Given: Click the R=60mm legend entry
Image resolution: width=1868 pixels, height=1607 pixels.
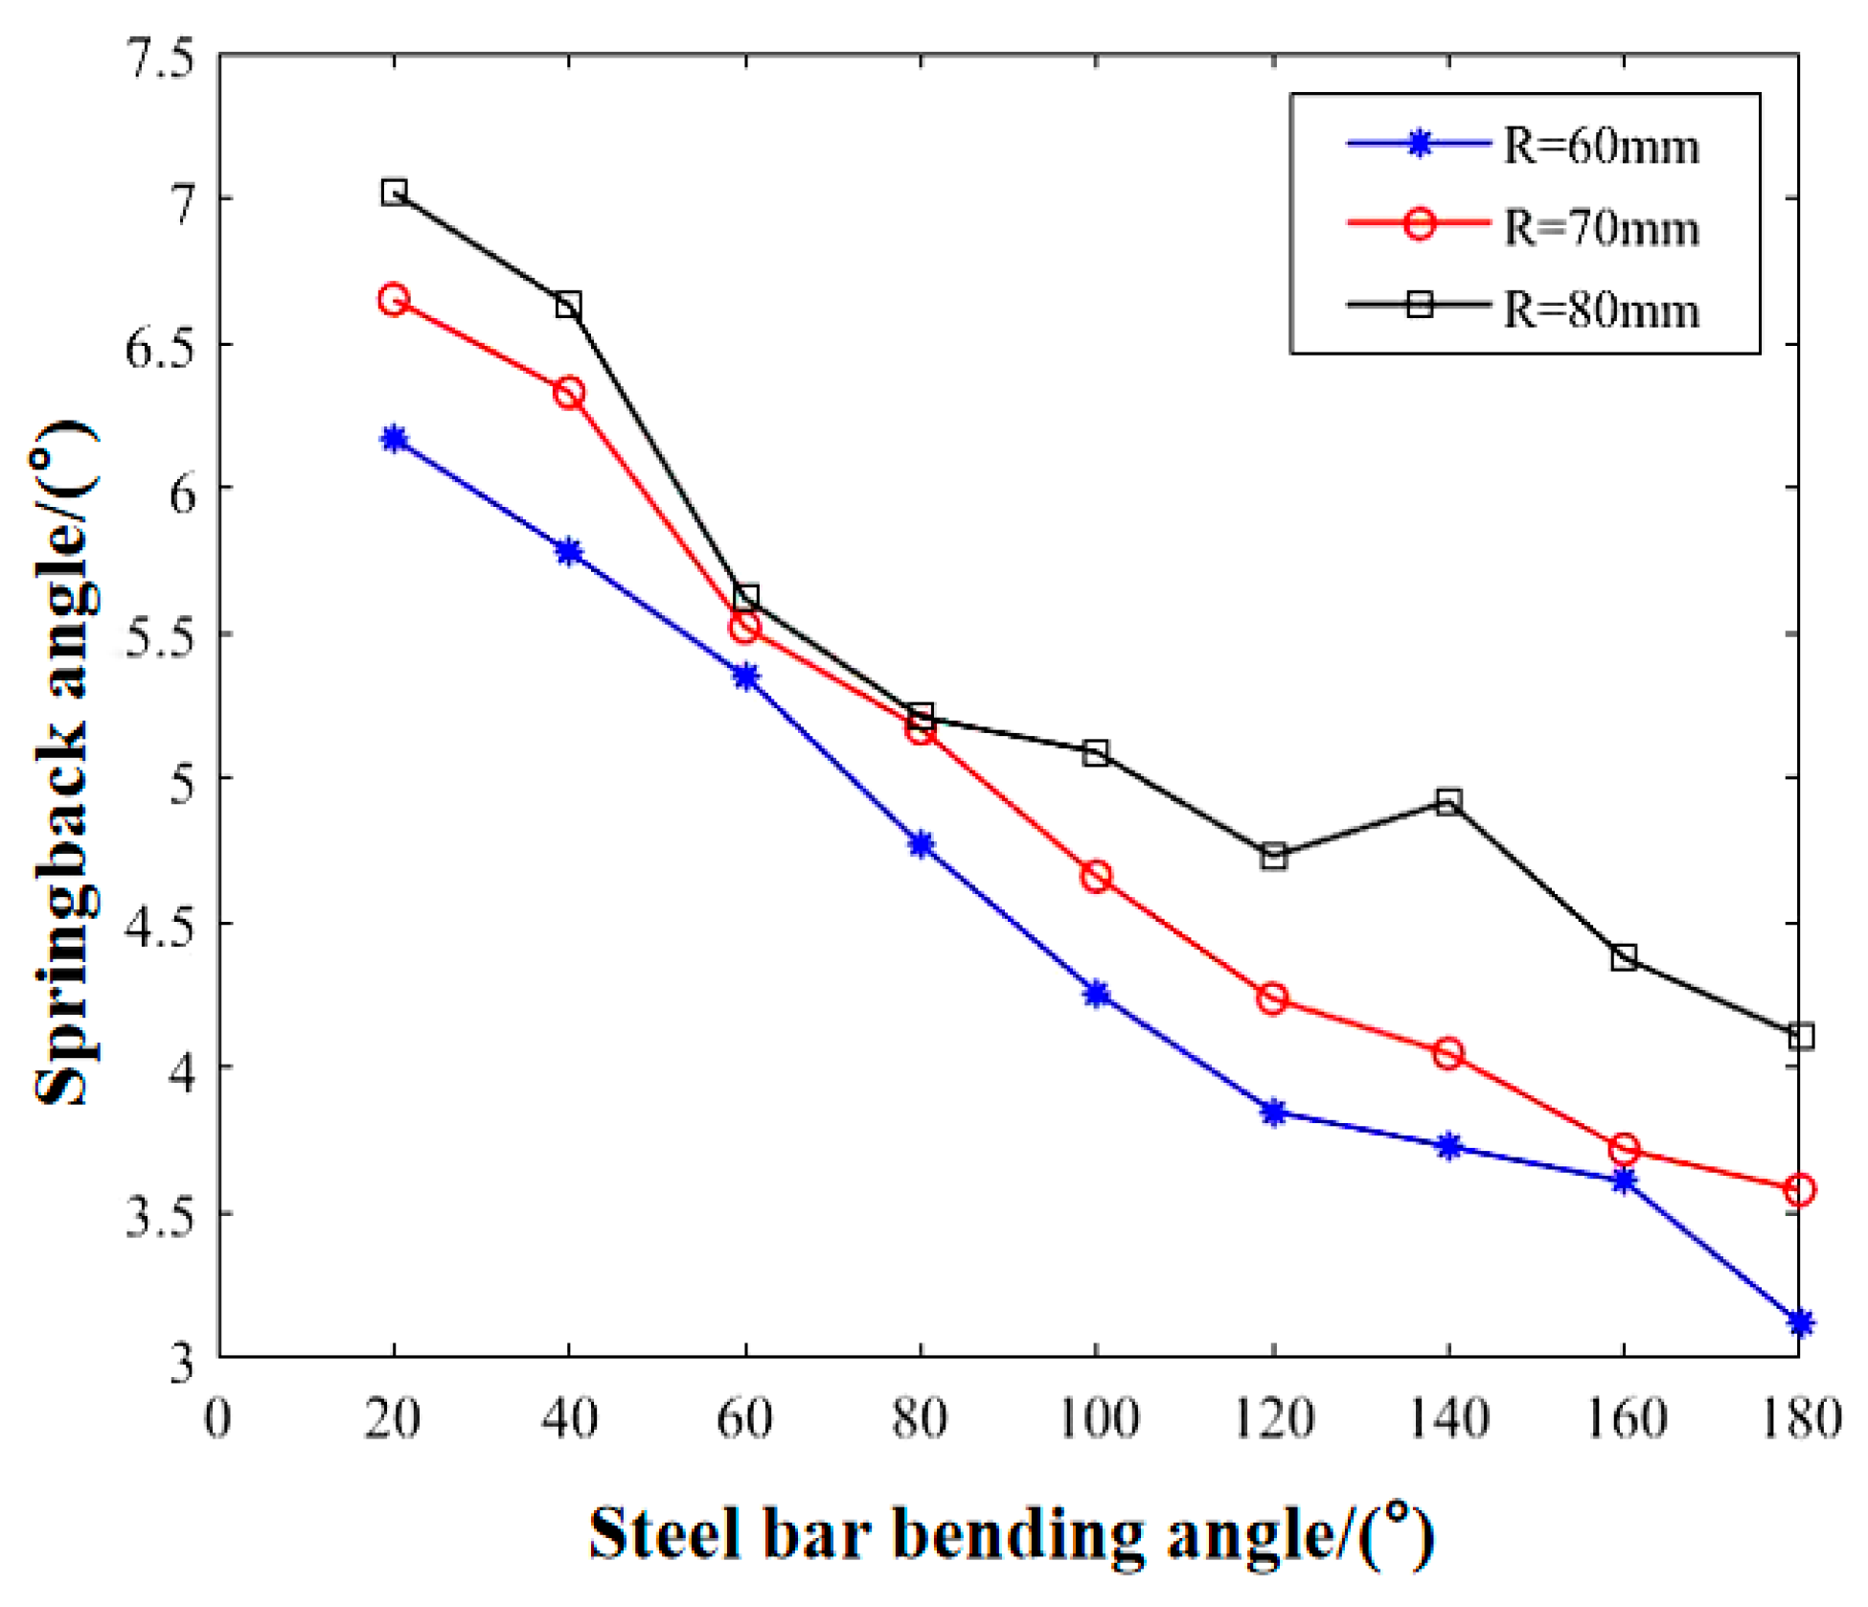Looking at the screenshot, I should tap(1600, 147).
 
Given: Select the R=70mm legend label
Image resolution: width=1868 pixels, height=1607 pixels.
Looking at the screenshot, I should tap(1600, 228).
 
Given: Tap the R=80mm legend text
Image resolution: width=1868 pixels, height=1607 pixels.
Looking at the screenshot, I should tap(1600, 310).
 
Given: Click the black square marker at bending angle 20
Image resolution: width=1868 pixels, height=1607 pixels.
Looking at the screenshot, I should tap(394, 192).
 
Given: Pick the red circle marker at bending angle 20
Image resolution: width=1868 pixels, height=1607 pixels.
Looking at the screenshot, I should tap(394, 300).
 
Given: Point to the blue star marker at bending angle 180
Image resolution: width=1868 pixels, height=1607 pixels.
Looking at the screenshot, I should tap(1800, 1322).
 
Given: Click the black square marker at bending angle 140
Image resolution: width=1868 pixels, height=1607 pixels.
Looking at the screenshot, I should tap(1448, 801).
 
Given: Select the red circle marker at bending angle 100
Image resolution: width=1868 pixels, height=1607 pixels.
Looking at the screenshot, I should tap(1097, 876).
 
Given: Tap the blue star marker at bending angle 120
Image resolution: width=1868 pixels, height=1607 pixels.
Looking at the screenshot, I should tap(1273, 1113).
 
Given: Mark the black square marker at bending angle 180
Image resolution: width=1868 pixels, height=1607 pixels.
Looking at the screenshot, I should tap(1800, 1036).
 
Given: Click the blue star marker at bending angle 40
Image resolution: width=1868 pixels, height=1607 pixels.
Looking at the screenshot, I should tap(569, 552).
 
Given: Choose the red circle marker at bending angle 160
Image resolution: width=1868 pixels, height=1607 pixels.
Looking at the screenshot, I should tap(1624, 1148).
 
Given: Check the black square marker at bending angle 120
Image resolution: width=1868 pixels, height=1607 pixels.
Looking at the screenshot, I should tap(1273, 856).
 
